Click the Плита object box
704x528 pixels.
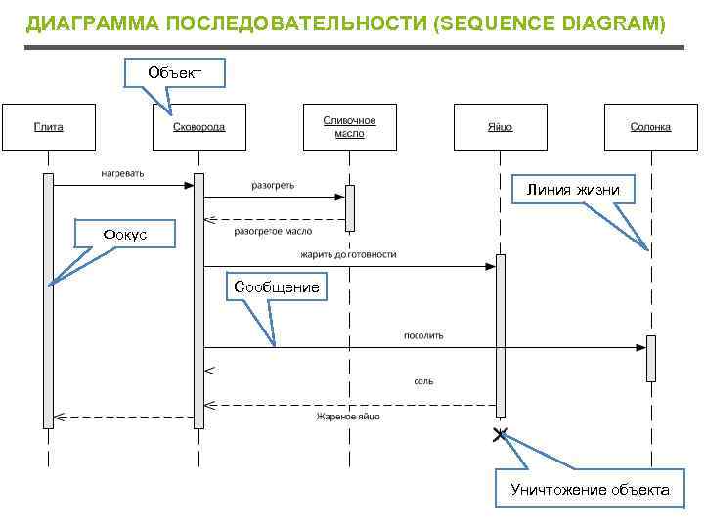point(48,126)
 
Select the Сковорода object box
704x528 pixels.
point(198,126)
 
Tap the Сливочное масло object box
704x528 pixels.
point(349,126)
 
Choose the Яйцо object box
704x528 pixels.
point(500,126)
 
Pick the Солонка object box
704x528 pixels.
point(650,126)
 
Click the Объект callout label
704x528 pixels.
point(175,73)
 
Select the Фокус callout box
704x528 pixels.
point(124,234)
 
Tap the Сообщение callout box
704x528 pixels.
point(276,287)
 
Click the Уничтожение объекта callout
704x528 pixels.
point(590,490)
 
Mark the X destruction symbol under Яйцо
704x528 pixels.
point(501,435)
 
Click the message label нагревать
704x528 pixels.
point(122,173)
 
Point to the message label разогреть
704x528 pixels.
point(273,185)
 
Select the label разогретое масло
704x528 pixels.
point(273,232)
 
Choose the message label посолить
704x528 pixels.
point(423,335)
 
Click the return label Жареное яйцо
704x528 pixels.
point(348,417)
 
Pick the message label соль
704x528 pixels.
point(423,381)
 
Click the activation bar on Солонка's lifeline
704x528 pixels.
point(650,358)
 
